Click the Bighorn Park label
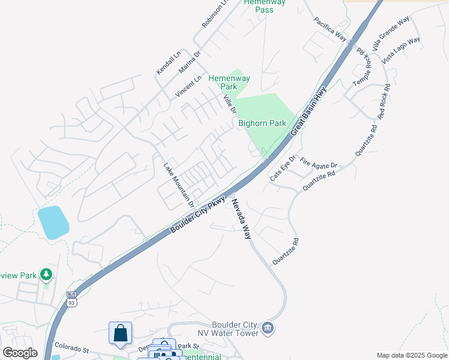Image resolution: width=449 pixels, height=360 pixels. pos(262,123)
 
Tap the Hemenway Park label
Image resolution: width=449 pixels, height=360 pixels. pos(229,82)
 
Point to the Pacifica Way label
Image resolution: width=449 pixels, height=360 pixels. pos(330,29)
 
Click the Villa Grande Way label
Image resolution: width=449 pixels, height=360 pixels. pos(390,33)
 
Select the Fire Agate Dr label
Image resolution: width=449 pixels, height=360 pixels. pos(319,163)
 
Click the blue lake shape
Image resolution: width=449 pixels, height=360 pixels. pos(52,222)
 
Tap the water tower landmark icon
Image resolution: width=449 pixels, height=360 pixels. pos(268,327)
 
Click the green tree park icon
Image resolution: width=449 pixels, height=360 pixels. pos(46,275)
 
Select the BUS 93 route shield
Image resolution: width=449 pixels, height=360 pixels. pos(72,298)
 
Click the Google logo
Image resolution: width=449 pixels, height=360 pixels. pos(20,352)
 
